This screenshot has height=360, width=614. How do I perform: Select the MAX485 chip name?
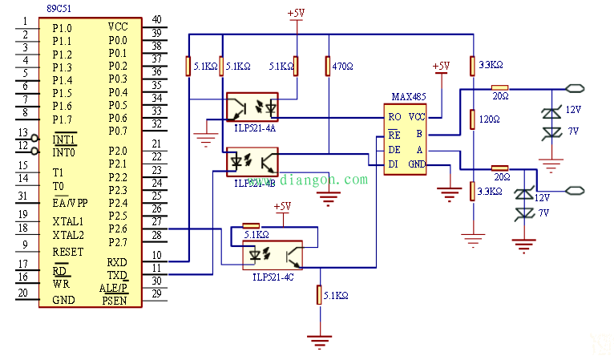tap(407, 96)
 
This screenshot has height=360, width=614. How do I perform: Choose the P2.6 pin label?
tap(118, 229)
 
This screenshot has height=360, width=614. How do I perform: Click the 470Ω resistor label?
tap(342, 67)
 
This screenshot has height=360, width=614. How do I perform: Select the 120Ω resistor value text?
tap(489, 119)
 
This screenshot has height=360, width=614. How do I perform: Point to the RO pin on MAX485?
tap(394, 117)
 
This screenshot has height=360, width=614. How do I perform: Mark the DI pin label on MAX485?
tap(394, 164)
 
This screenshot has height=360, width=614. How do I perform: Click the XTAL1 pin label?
tap(68, 221)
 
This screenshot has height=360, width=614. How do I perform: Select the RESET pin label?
tap(68, 252)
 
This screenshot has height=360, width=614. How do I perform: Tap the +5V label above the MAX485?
tap(441, 66)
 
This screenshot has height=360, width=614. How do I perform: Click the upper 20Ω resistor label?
tap(500, 97)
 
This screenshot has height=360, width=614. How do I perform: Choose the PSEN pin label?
tap(113, 301)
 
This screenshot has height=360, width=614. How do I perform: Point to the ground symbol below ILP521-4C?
tap(321, 340)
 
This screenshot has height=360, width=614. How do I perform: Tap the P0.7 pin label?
tap(118, 131)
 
